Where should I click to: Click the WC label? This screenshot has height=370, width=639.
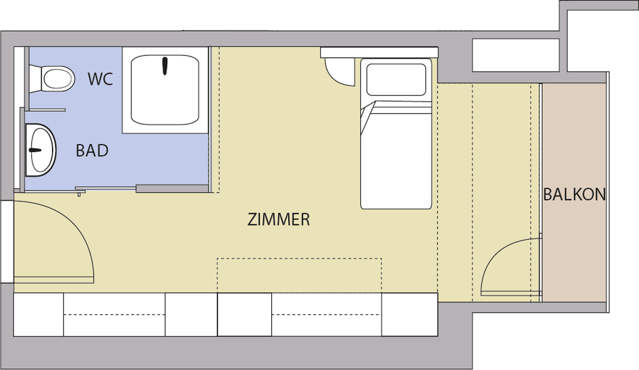tap(100, 79)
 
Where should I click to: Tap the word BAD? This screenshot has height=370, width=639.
tap(92, 150)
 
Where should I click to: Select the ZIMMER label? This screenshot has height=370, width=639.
tap(278, 219)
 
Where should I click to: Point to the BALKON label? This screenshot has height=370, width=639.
tap(574, 195)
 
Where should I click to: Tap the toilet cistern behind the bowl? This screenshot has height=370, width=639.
tap(35, 79)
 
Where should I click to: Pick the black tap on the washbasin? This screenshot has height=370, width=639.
tap(35, 150)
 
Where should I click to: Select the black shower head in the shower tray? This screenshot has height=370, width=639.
tap(165, 66)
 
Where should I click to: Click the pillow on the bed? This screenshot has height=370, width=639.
tap(396, 80)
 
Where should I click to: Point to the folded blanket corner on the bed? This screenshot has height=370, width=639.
tap(367, 117)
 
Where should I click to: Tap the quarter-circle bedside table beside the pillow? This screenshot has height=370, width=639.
tap(340, 72)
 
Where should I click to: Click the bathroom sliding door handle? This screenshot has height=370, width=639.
tap(80, 192)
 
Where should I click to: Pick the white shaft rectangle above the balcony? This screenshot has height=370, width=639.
tap(516, 55)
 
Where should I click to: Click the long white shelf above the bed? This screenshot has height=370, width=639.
tap(379, 52)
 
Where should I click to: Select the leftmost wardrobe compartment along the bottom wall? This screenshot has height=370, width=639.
tap(39, 315)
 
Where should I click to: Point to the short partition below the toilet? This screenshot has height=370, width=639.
tap(47, 110)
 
